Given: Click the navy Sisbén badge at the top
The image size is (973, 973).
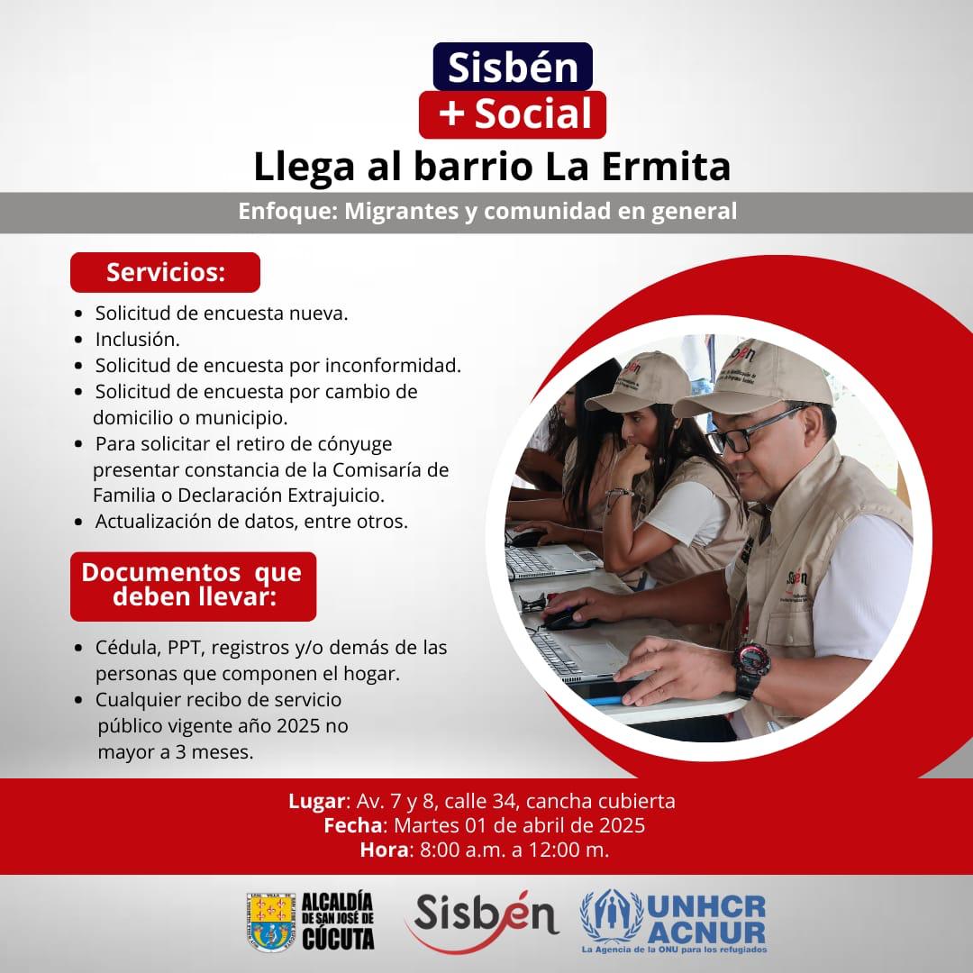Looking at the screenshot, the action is [x=513, y=67].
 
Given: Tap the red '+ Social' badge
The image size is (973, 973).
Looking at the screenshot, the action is [x=513, y=114].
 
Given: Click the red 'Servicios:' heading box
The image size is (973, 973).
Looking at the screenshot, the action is [x=165, y=272].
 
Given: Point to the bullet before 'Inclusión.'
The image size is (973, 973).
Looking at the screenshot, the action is [x=78, y=340].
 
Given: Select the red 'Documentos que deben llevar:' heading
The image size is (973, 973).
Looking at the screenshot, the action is [x=193, y=587].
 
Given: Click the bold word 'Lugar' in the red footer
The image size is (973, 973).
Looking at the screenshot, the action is [x=316, y=801].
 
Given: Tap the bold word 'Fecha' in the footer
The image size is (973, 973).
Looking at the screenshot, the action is [x=353, y=825].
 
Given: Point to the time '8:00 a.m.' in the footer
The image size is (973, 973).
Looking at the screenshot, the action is [x=463, y=850].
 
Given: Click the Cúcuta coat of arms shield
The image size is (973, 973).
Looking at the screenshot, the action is [x=270, y=923].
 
